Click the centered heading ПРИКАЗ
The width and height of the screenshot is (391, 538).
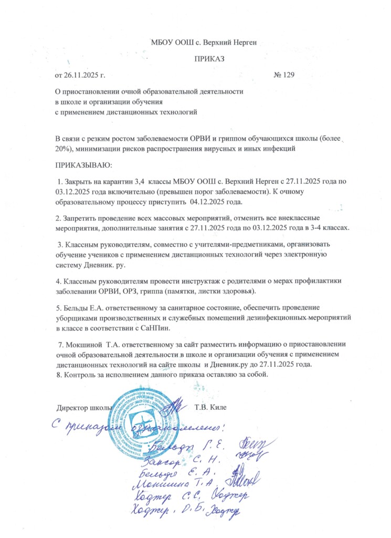click(209, 58)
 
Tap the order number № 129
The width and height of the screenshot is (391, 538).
click(284, 75)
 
